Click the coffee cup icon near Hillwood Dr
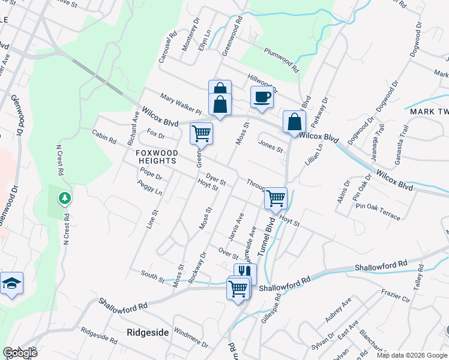click(262, 97)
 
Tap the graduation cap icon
click(11, 283)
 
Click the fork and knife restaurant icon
click(245, 273)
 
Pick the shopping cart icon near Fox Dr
click(201, 133)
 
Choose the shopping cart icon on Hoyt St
click(276, 197)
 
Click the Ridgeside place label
click(146, 332)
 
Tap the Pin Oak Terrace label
click(378, 211)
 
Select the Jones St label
click(270, 146)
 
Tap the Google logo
click(20, 353)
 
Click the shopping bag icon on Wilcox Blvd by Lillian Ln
click(294, 121)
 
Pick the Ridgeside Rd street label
click(99, 334)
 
